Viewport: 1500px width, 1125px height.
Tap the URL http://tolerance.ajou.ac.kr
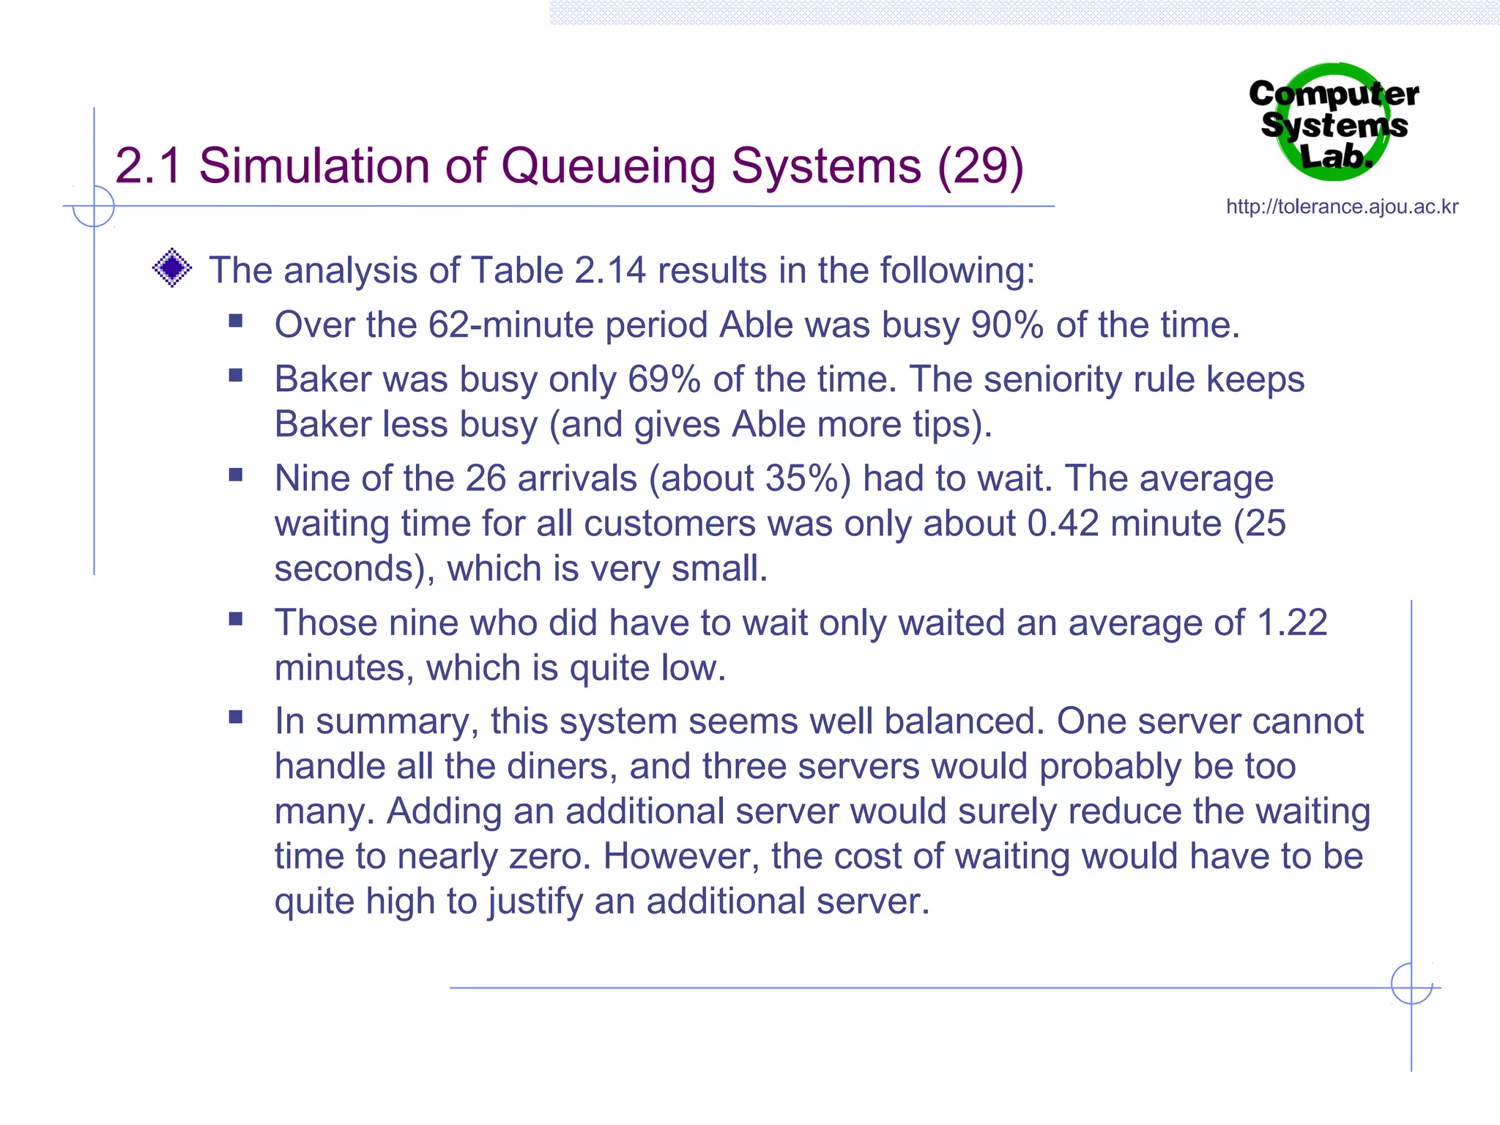(x=1342, y=207)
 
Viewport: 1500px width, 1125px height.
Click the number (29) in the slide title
(x=981, y=166)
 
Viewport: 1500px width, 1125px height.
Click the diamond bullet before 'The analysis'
(x=172, y=268)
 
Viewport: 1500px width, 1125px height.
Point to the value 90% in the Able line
(x=1007, y=324)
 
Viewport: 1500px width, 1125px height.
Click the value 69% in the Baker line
(x=664, y=379)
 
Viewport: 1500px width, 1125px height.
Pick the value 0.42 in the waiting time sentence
(x=1063, y=523)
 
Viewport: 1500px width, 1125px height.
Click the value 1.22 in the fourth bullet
(x=1291, y=623)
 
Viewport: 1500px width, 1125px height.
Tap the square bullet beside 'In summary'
(x=236, y=716)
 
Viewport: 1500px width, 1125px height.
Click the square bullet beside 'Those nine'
(x=236, y=618)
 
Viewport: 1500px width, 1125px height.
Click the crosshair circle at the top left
(x=94, y=207)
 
